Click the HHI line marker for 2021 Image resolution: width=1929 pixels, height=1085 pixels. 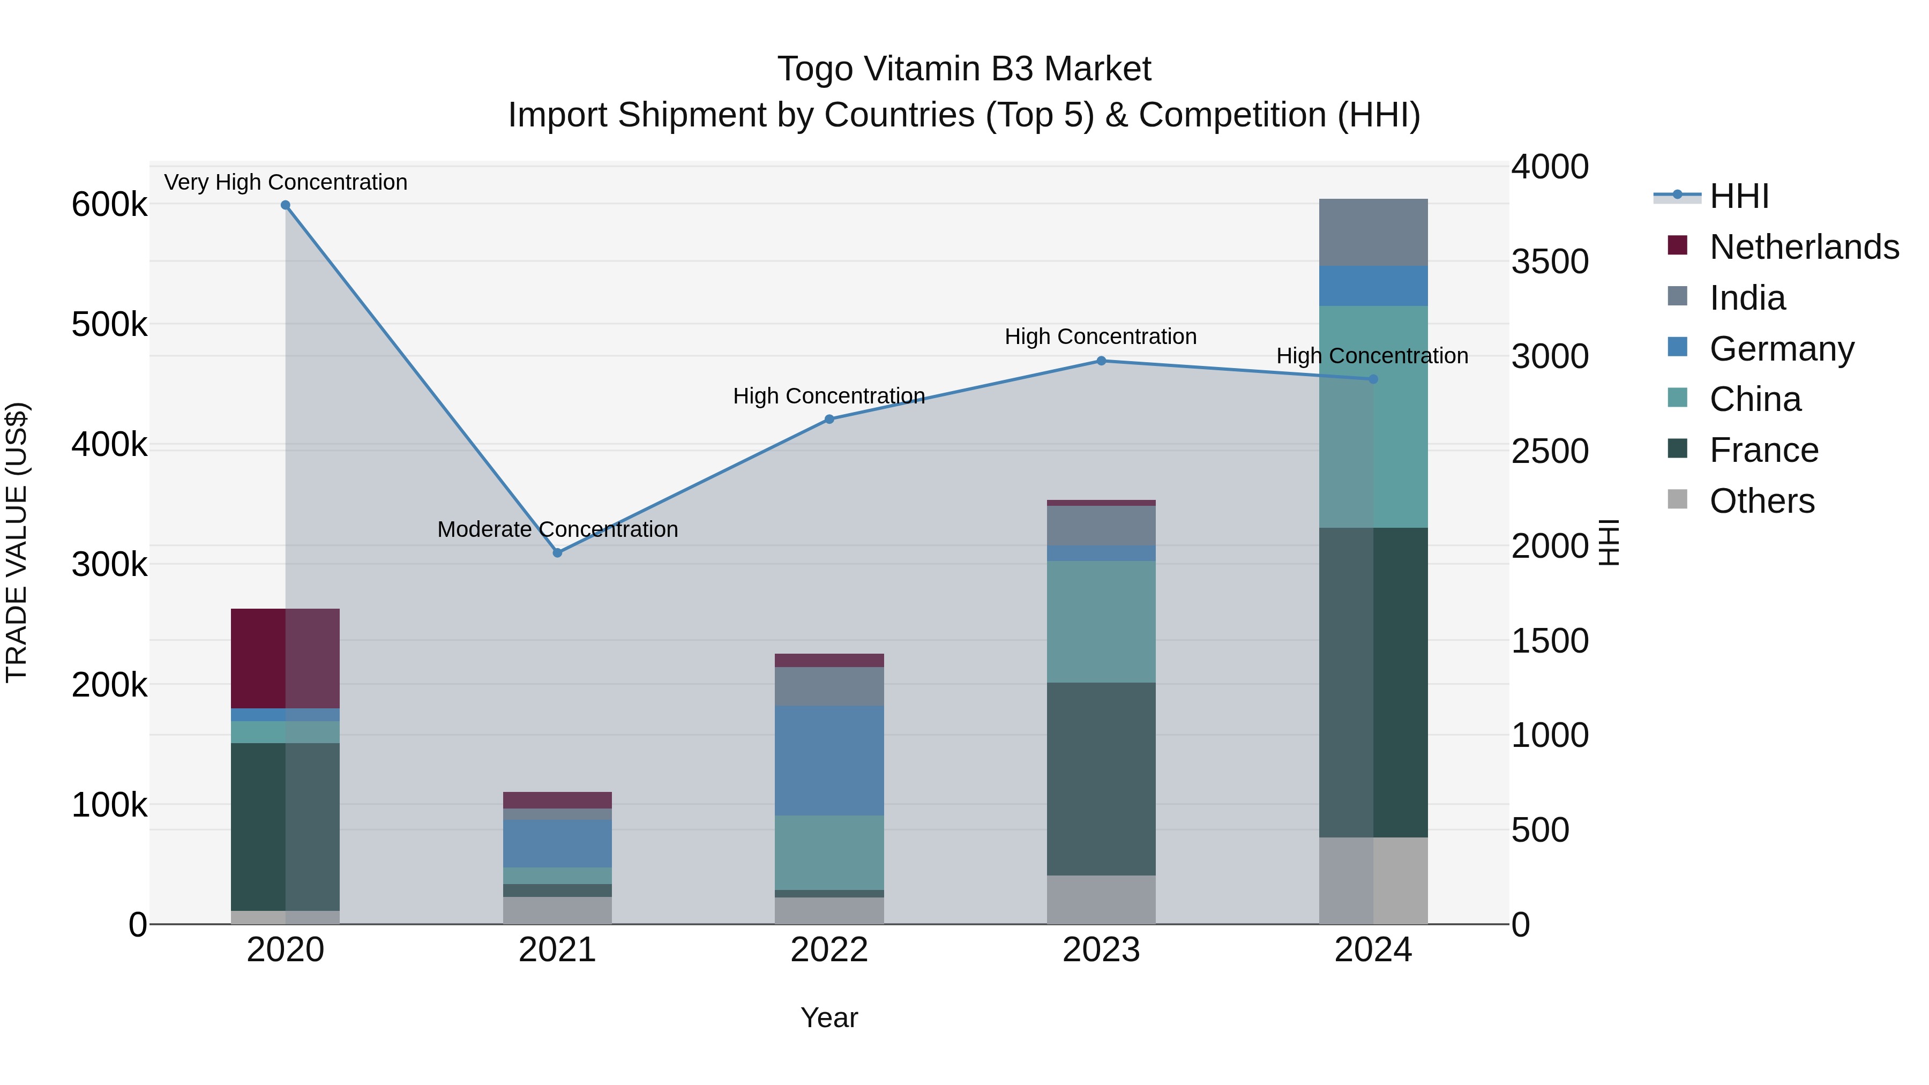pyautogui.click(x=557, y=552)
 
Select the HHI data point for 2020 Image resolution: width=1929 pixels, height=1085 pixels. pyautogui.click(x=285, y=205)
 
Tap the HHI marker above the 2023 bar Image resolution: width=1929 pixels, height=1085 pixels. pyautogui.click(x=1101, y=361)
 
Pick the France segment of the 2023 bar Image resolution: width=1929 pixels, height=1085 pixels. pyautogui.click(x=1101, y=779)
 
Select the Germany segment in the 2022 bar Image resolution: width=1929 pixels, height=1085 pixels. pyautogui.click(x=829, y=760)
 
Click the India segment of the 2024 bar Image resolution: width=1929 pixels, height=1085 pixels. pyautogui.click(x=1373, y=232)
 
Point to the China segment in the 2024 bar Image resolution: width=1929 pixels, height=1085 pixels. pyautogui.click(x=1373, y=416)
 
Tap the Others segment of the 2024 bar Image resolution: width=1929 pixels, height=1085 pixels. pyautogui.click(x=1373, y=880)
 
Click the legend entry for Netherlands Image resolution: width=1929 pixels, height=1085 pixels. pyautogui.click(x=1804, y=247)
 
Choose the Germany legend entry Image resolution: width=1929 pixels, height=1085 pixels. pyautogui.click(x=1782, y=349)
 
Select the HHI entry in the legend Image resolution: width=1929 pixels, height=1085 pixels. pyautogui.click(x=1739, y=196)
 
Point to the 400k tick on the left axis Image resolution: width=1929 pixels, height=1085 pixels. pyautogui.click(x=109, y=445)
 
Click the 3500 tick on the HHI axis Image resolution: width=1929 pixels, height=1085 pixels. pyautogui.click(x=1549, y=261)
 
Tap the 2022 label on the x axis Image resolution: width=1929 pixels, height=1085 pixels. pyautogui.click(x=829, y=950)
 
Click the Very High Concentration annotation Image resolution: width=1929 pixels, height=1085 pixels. pyautogui.click(x=285, y=182)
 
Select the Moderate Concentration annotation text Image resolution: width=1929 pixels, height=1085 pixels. pyautogui.click(x=557, y=529)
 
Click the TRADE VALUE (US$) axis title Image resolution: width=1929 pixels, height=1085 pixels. pyautogui.click(x=17, y=542)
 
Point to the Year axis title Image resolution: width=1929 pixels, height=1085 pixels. pyautogui.click(x=829, y=1017)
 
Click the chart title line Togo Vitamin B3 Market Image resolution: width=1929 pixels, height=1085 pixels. pyautogui.click(x=964, y=69)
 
